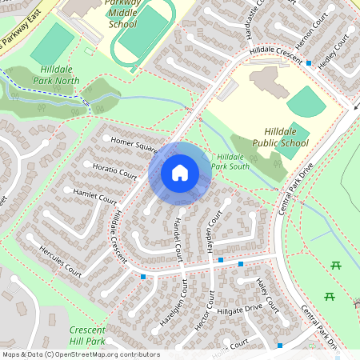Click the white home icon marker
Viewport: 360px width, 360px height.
tap(180, 173)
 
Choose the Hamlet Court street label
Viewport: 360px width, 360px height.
tap(95, 195)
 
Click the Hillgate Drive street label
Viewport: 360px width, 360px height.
tap(239, 307)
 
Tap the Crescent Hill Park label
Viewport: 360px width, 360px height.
tap(88, 335)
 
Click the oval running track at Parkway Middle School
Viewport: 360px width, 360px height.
tap(143, 36)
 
